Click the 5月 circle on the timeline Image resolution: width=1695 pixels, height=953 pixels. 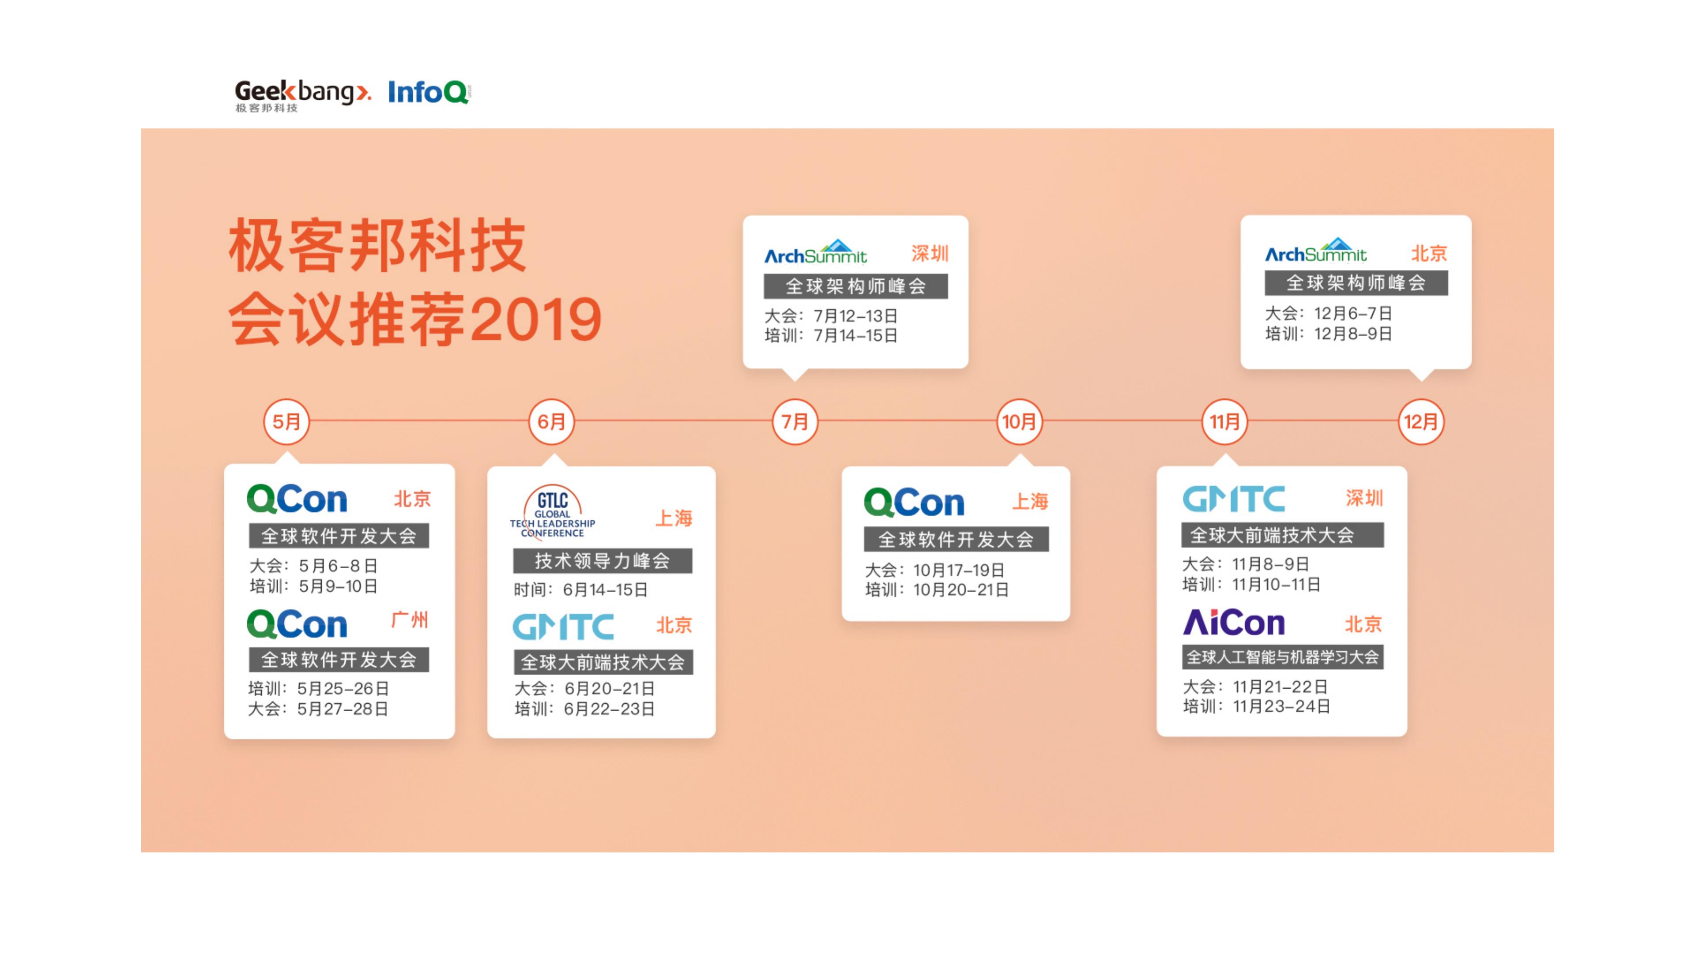pos(286,422)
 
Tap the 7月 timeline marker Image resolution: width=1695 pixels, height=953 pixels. pos(795,422)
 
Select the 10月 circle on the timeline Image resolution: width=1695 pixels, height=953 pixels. pos(1019,422)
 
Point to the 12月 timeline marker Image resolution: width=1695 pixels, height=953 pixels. pos(1421,422)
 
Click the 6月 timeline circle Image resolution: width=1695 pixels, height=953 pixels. pos(551,422)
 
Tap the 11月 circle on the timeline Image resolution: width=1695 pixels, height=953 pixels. pos(1224,422)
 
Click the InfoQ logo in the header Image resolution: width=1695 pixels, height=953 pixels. pos(429,92)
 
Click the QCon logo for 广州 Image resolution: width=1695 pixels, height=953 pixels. pos(297,624)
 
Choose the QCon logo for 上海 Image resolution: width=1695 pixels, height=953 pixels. pos(914,503)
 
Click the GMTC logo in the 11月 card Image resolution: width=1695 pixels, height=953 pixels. pos(1234,499)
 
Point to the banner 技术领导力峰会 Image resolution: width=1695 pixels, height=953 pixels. pos(603,561)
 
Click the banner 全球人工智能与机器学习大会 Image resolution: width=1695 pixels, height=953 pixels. pos(1282,657)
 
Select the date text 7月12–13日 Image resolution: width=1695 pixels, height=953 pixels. pos(856,316)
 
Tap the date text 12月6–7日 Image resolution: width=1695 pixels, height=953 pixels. pos(1353,314)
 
